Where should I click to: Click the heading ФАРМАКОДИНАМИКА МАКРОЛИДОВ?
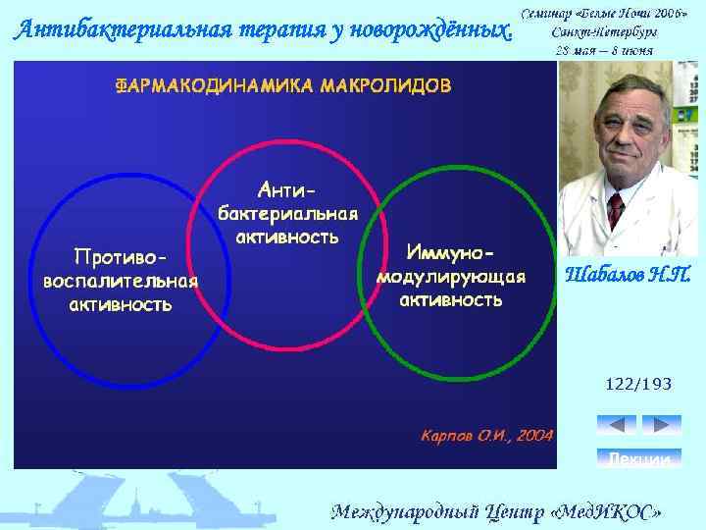[284, 85]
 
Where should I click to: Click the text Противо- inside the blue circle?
[120, 257]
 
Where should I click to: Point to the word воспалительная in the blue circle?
[120, 281]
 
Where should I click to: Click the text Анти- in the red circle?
[287, 186]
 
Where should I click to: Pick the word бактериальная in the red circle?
[287, 213]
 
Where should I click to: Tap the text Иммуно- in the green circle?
[451, 253]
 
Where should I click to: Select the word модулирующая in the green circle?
[451, 276]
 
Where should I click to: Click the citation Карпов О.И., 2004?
[486, 434]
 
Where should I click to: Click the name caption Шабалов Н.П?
[629, 275]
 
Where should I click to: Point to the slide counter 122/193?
[638, 384]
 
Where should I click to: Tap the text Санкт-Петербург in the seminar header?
[604, 31]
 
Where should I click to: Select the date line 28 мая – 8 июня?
[604, 49]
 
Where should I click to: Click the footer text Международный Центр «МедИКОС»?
[496, 511]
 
